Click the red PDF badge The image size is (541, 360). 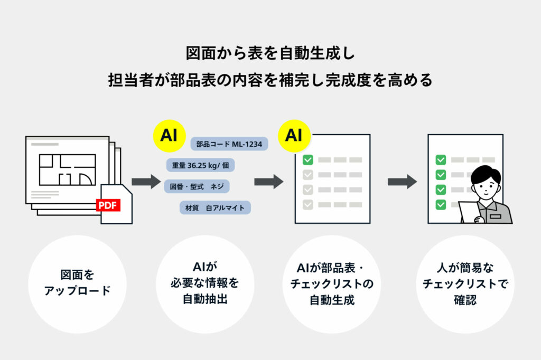pyautogui.click(x=108, y=205)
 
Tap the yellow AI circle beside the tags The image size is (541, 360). pyautogui.click(x=169, y=136)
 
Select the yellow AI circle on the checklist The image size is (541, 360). pyautogui.click(x=294, y=136)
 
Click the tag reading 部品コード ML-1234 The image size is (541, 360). pyautogui.click(x=229, y=144)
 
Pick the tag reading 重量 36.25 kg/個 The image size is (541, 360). pyautogui.click(x=200, y=165)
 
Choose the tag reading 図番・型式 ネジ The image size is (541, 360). pyautogui.click(x=197, y=186)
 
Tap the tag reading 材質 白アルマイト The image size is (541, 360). pyautogui.click(x=215, y=207)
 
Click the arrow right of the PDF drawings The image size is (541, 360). pyautogui.click(x=146, y=182)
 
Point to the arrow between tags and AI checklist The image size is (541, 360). pyautogui.click(x=269, y=182)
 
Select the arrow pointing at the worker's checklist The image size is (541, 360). pyautogui.click(x=402, y=182)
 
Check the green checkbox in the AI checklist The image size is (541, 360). pyautogui.click(x=308, y=159)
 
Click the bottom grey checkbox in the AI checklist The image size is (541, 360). pyautogui.click(x=308, y=204)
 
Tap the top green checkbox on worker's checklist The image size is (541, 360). pyautogui.click(x=441, y=159)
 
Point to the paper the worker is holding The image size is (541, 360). pyautogui.click(x=469, y=211)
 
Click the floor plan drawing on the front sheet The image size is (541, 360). pyautogui.click(x=67, y=169)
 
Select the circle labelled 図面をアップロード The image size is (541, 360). pyautogui.click(x=77, y=284)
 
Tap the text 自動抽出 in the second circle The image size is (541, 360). pyautogui.click(x=205, y=299)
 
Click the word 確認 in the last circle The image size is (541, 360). pyautogui.click(x=465, y=300)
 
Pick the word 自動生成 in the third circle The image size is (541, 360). pyautogui.click(x=332, y=300)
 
